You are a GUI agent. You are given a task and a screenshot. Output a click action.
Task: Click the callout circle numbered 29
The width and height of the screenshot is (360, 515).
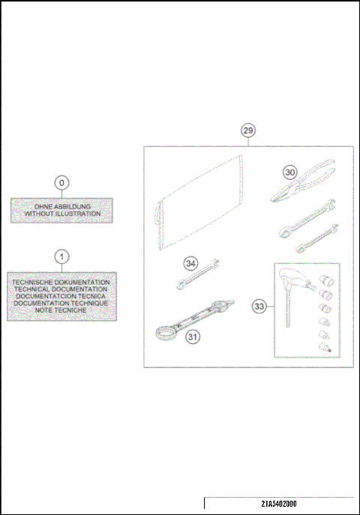point(248,130)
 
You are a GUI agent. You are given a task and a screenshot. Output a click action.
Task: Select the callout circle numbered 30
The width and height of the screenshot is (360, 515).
point(290,172)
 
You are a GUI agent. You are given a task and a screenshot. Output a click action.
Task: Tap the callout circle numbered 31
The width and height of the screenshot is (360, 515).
point(193,337)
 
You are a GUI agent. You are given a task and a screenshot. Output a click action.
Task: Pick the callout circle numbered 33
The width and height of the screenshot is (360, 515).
point(259,306)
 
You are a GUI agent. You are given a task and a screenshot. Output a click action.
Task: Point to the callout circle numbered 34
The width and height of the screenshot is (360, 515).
point(191,263)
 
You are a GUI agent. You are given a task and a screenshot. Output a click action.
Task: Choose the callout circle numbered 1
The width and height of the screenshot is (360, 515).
point(62,256)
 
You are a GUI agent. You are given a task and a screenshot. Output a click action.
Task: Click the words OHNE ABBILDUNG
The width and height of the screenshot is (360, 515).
point(62,206)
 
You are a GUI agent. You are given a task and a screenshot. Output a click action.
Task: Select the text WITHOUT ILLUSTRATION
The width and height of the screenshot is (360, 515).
point(62,214)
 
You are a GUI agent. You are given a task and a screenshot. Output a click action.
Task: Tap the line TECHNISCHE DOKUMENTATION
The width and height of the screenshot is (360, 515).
point(61,282)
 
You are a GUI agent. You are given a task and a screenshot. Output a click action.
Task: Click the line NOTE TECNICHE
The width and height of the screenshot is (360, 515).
point(61,310)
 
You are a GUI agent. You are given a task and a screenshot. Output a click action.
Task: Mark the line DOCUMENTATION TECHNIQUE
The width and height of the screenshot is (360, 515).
point(61,303)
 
